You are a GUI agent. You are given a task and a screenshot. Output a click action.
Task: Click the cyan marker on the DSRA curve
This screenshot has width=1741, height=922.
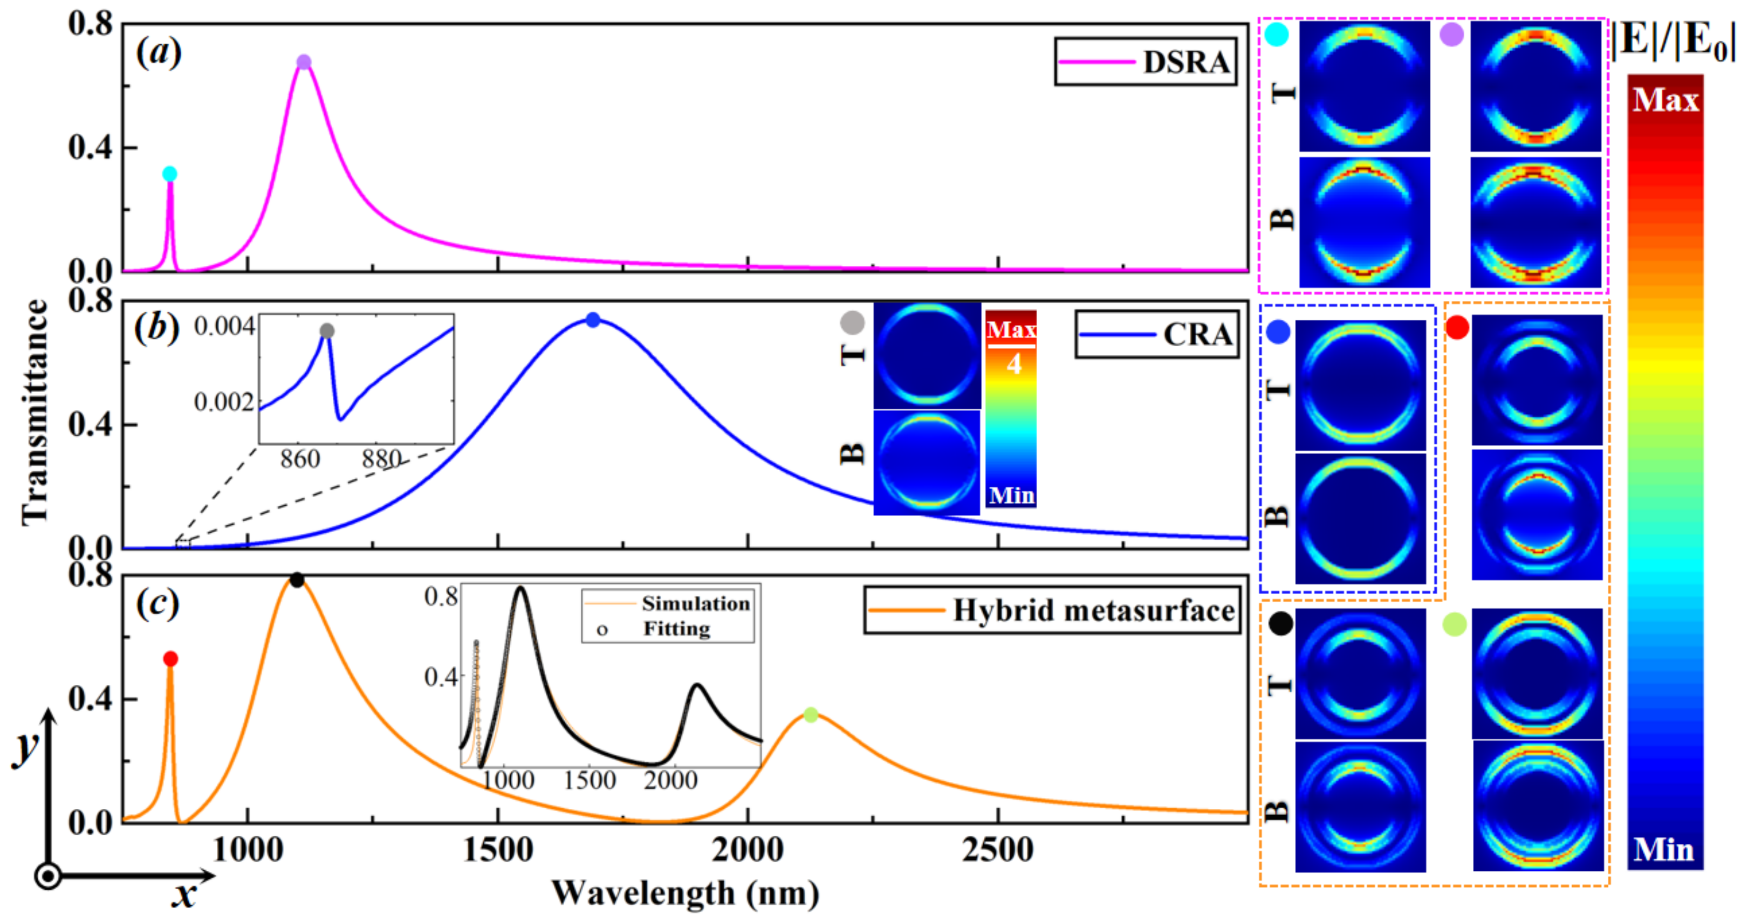(170, 174)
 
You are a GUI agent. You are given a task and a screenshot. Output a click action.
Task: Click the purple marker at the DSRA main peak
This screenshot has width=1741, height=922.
(304, 62)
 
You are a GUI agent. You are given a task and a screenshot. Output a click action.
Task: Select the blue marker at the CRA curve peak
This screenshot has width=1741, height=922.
(593, 320)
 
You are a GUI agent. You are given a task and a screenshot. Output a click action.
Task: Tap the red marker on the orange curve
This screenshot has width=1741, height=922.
(170, 658)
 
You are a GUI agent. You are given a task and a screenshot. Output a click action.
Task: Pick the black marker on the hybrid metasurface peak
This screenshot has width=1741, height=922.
(297, 580)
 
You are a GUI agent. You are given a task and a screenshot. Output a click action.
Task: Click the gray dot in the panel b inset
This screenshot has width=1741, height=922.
(327, 331)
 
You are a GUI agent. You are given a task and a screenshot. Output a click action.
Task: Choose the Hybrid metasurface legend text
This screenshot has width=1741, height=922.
(1094, 610)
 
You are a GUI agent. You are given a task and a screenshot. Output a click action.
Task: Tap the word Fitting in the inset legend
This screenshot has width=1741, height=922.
(676, 629)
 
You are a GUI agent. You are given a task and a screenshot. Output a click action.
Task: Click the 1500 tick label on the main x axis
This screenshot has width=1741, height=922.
(498, 850)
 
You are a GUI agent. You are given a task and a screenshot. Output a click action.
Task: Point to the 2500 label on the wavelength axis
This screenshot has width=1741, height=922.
(998, 850)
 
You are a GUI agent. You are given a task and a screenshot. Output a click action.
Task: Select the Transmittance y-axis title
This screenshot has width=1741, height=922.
(35, 412)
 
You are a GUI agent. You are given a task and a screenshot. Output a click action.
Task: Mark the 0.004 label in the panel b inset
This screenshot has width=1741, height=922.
(224, 326)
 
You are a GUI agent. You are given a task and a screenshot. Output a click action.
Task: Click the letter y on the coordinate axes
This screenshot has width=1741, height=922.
(26, 746)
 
